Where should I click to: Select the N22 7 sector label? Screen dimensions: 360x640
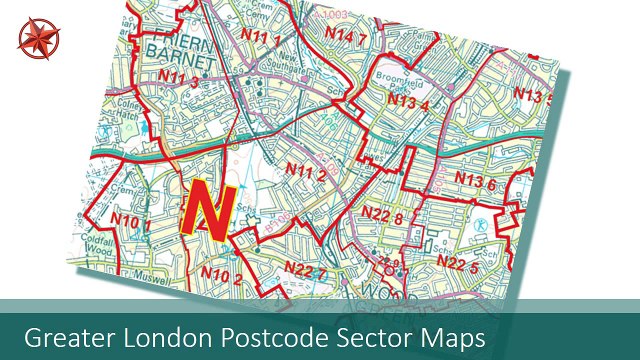305,268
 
